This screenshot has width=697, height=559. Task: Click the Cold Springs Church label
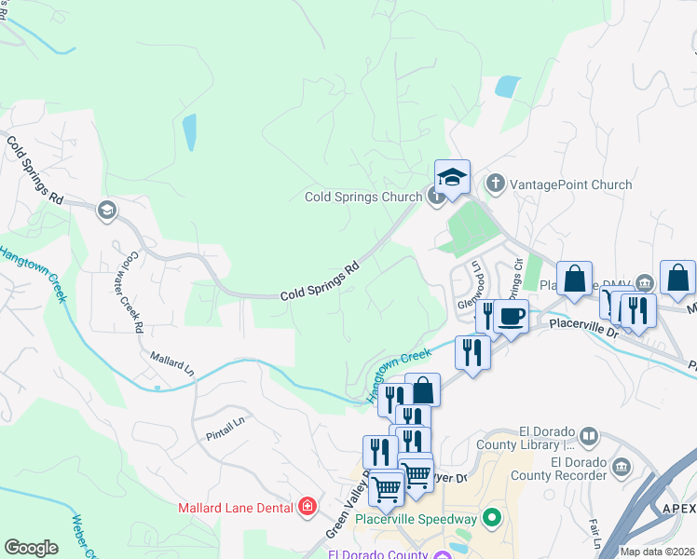(x=362, y=197)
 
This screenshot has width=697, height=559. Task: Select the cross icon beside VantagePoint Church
(x=496, y=184)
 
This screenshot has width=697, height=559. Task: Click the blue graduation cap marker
(x=452, y=177)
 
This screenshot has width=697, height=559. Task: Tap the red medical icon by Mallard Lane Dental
(x=307, y=507)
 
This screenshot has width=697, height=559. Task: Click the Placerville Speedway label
(x=427, y=519)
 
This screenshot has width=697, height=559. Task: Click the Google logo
(x=32, y=548)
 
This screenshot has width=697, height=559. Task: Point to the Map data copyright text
(x=657, y=552)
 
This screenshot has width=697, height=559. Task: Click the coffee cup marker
(x=511, y=315)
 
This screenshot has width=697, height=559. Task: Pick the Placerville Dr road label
(x=584, y=327)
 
